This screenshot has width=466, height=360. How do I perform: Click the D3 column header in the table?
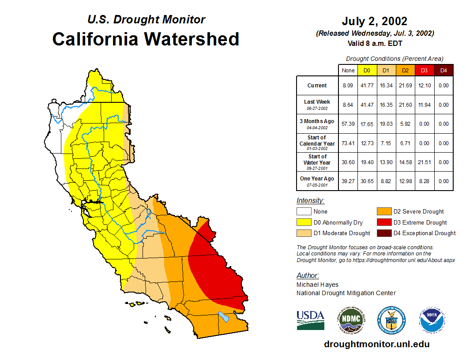click(x=424, y=70)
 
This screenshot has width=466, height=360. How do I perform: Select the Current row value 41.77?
click(x=367, y=86)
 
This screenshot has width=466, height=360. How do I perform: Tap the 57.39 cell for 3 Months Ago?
click(x=348, y=124)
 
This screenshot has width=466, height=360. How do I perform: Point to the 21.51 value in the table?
click(x=424, y=162)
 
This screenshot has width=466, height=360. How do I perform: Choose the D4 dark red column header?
click(x=444, y=70)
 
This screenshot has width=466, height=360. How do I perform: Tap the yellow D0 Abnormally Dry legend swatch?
click(x=304, y=222)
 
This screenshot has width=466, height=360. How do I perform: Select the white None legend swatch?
click(x=304, y=212)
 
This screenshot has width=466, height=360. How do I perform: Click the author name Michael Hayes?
click(x=317, y=285)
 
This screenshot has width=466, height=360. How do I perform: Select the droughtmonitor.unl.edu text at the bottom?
click(x=376, y=344)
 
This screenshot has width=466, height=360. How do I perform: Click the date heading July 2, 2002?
click(x=374, y=21)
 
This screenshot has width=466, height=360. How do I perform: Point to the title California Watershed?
click(x=146, y=39)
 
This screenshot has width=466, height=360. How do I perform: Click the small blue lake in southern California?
click(x=224, y=317)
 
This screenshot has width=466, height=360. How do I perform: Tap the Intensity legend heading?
click(x=310, y=201)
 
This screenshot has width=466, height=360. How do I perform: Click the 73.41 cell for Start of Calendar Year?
click(x=348, y=143)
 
